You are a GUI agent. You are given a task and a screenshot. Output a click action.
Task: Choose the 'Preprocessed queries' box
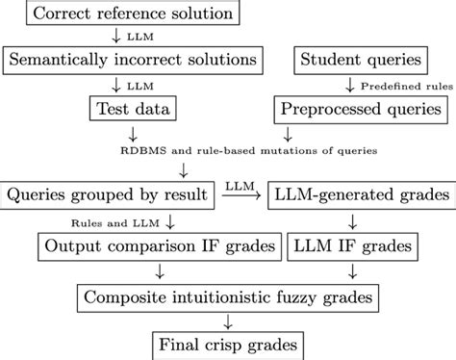coord(359,108)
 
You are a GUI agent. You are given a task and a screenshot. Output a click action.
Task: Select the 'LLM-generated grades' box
coord(359,194)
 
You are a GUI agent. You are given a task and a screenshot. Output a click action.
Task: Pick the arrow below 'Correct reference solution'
coord(116,38)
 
